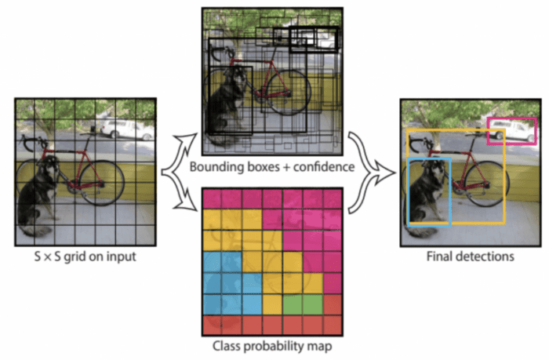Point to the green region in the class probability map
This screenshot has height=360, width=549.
[x=301, y=302]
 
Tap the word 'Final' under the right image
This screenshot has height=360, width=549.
[x=442, y=256]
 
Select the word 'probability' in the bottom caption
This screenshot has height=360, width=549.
[x=266, y=346]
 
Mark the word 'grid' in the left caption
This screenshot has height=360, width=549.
[x=80, y=256]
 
